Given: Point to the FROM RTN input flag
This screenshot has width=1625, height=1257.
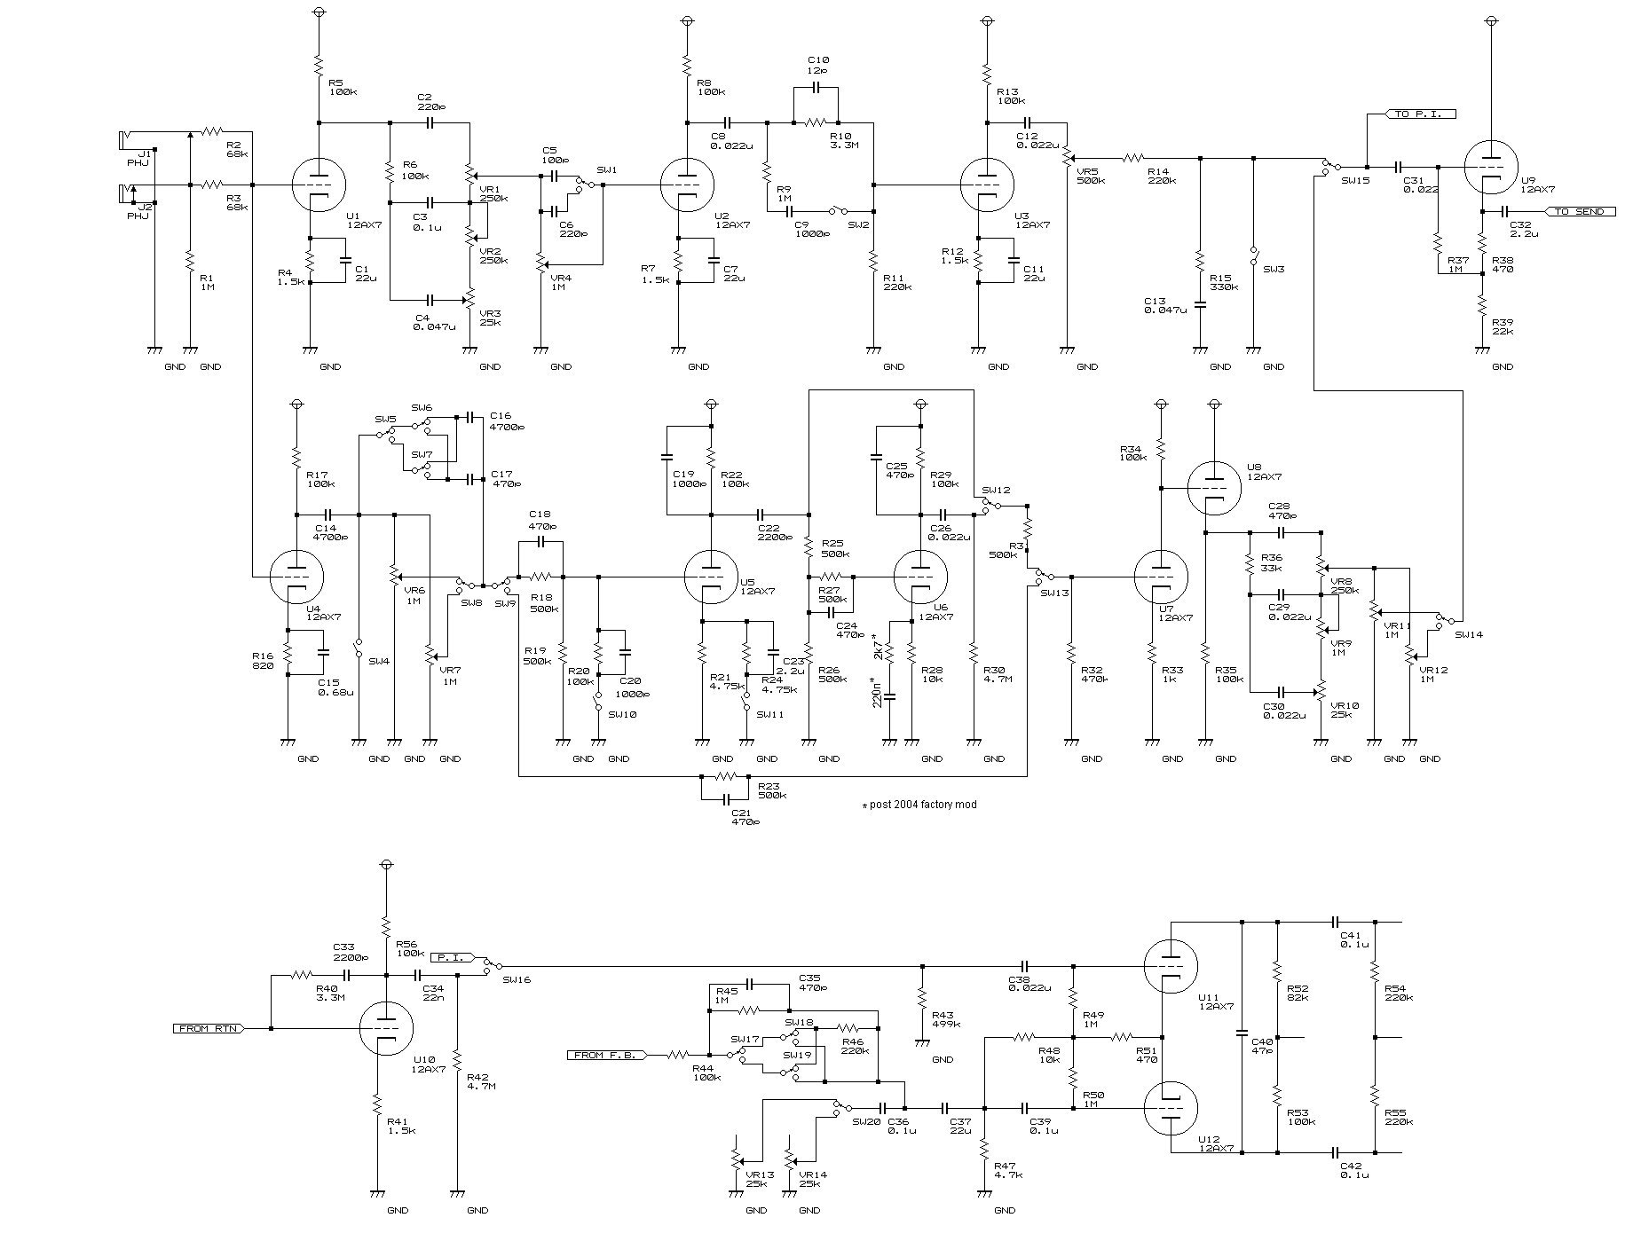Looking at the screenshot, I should [x=208, y=1028].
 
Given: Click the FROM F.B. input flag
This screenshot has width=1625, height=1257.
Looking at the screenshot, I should [x=607, y=1055].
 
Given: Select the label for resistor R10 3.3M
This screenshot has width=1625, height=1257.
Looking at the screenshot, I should [x=840, y=140].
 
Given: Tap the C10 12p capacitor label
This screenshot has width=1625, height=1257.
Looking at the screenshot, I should [x=816, y=65].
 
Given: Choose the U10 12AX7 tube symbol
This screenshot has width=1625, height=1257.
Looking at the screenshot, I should [x=386, y=1028].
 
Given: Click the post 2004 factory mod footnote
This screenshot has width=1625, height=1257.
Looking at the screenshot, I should [x=919, y=805].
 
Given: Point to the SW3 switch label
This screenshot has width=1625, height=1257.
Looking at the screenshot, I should [x=1274, y=269].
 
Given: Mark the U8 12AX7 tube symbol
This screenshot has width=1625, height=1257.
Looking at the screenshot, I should [x=1213, y=487].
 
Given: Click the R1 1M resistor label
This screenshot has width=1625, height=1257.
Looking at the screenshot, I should [x=207, y=282].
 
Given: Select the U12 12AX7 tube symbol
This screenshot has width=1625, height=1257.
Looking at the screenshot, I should [x=1171, y=1109].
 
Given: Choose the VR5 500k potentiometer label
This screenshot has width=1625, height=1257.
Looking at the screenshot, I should [x=1090, y=175].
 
